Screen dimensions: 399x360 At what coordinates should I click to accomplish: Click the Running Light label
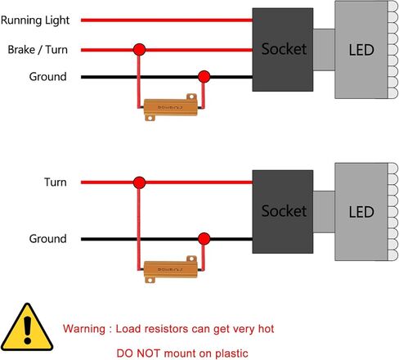pyautogui.click(x=35, y=20)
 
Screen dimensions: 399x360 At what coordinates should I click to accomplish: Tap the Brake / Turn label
pyautogui.click(x=38, y=50)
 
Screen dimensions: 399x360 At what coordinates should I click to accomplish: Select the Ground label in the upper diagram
pyautogui.click(x=47, y=77)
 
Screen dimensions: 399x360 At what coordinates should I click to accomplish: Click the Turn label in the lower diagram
pyautogui.click(x=56, y=182)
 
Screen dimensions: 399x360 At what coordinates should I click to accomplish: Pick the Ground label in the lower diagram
pyautogui.click(x=47, y=239)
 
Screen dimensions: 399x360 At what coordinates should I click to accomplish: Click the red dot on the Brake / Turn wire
pyautogui.click(x=139, y=50)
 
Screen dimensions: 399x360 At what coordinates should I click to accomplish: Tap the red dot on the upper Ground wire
pyautogui.click(x=204, y=77)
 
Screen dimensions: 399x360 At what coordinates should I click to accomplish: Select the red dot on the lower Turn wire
pyautogui.click(x=139, y=182)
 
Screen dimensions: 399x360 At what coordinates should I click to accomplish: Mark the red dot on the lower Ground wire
pyautogui.click(x=204, y=239)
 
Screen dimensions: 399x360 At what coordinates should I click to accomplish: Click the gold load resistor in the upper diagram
pyautogui.click(x=171, y=107)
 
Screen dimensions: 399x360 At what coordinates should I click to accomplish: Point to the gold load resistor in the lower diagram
pyautogui.click(x=171, y=269)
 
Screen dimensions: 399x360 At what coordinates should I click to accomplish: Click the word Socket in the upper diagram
pyautogui.click(x=284, y=49)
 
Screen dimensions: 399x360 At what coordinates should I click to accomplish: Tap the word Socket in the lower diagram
pyautogui.click(x=284, y=211)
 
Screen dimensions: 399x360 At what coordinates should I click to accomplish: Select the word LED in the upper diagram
pyautogui.click(x=361, y=50)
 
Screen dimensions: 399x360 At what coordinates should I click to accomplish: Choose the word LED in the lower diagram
pyautogui.click(x=361, y=212)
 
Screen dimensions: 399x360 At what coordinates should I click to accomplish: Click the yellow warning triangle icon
pyautogui.click(x=27, y=327)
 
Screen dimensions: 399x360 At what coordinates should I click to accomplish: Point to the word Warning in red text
pyautogui.click(x=84, y=329)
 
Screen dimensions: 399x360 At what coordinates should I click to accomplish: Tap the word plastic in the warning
pyautogui.click(x=231, y=353)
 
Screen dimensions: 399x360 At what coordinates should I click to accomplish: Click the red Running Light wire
pyautogui.click(x=167, y=20)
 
